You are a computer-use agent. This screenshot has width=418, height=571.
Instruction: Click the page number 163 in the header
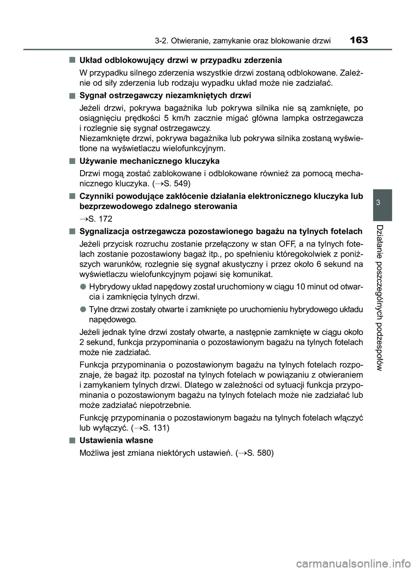point(358,40)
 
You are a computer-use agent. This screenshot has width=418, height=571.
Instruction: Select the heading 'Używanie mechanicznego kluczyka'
point(149,161)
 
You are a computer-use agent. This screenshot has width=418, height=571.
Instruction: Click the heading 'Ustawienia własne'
point(116,440)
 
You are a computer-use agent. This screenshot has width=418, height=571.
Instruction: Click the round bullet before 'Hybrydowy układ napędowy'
point(82,286)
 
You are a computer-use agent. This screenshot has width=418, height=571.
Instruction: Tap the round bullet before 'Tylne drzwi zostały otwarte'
point(82,310)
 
